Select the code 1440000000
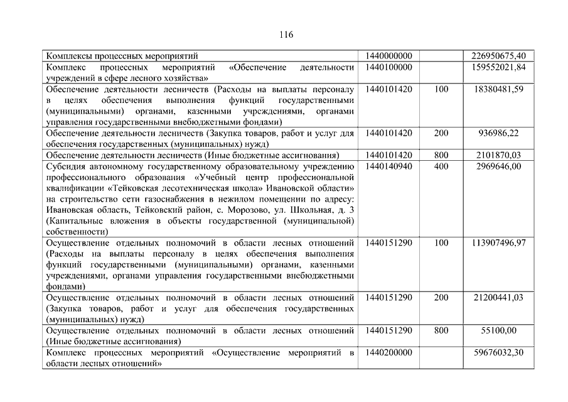(x=388, y=56)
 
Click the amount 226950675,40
(x=498, y=56)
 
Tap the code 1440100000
(x=388, y=67)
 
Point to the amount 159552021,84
(x=498, y=67)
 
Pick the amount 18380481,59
(x=500, y=89)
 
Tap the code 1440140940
(x=388, y=166)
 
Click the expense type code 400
(x=441, y=166)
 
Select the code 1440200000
(x=388, y=353)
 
